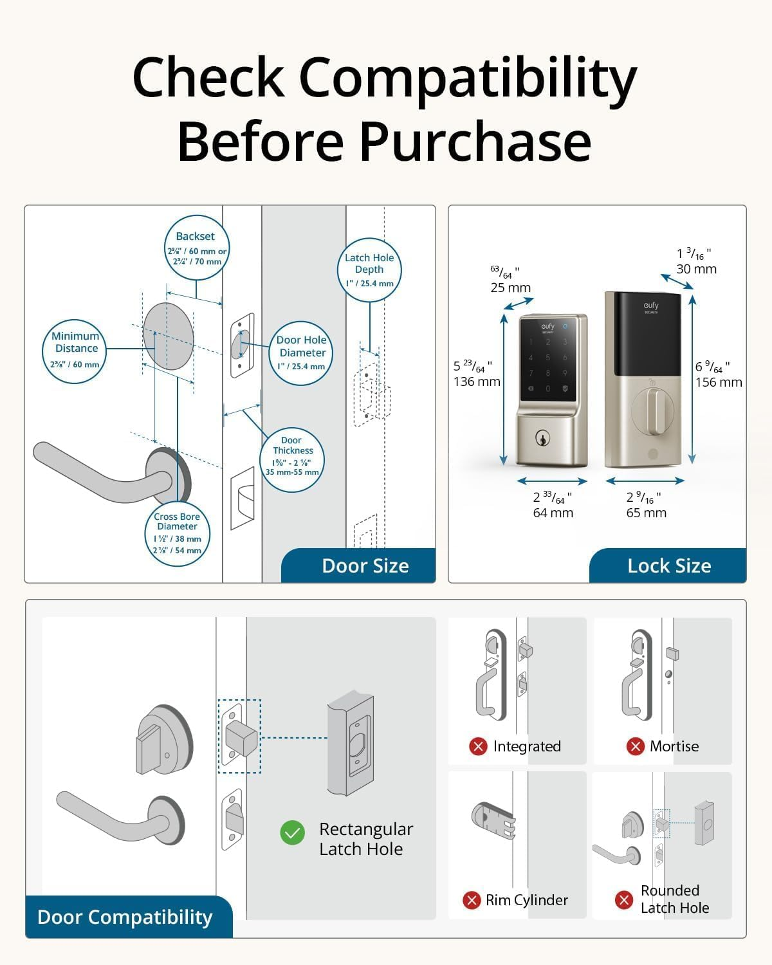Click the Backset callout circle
tap(196, 248)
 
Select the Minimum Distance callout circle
tap(75, 351)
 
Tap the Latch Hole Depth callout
tap(369, 269)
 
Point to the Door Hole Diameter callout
tap(301, 353)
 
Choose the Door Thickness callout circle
tap(292, 459)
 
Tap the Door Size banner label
tap(365, 566)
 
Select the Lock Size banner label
tap(669, 566)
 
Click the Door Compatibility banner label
tap(125, 917)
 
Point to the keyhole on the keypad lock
tap(543, 439)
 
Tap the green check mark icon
tap(293, 832)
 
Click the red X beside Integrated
tap(478, 746)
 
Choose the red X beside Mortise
tap(636, 746)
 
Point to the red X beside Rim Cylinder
tap(472, 900)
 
